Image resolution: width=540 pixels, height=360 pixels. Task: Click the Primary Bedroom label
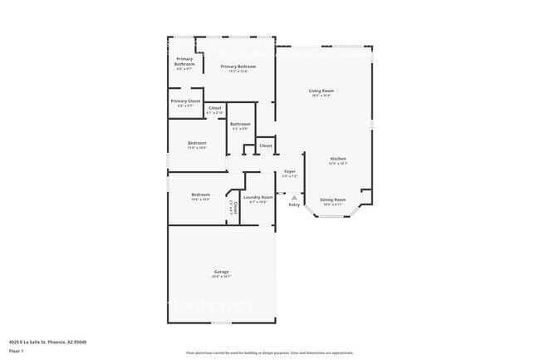[238, 66]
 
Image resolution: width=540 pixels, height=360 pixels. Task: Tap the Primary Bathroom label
[184, 62]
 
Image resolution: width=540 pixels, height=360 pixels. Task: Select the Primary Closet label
[184, 101]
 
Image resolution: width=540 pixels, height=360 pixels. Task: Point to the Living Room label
[321, 91]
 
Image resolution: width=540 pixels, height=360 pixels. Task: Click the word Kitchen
[338, 158]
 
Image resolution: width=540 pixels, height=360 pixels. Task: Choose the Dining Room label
[333, 200]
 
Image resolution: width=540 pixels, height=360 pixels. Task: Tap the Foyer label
[289, 171]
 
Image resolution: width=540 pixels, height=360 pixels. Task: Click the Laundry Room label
[258, 197]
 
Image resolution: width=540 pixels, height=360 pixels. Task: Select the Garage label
[221, 272]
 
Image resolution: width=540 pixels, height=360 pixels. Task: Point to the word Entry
[294, 205]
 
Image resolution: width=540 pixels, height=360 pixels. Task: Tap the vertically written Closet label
[235, 208]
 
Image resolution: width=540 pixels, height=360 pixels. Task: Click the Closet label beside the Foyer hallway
[265, 145]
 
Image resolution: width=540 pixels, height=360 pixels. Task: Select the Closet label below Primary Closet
[214, 107]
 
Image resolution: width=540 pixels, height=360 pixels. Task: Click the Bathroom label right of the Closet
[240, 124]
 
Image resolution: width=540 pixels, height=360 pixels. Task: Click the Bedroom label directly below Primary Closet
[197, 143]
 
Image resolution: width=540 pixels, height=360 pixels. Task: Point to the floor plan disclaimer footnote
[270, 353]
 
